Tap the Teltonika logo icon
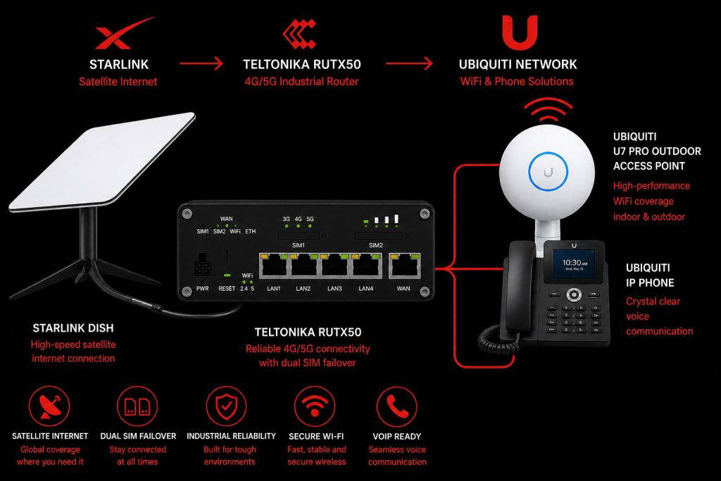pos(299,34)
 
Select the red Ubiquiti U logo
pos(520,32)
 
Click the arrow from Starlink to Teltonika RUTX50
pos(201,63)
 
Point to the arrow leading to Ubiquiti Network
pos(409,63)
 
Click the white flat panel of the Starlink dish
pos(102,161)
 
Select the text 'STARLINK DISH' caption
pos(73,328)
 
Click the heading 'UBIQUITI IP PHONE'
pos(650,275)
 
